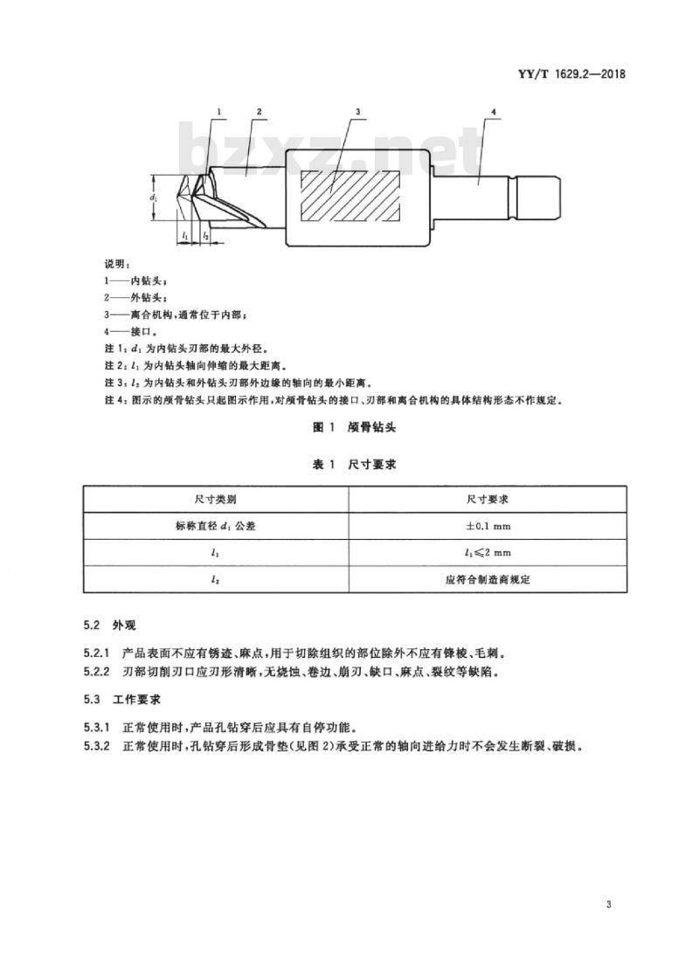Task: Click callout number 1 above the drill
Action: (x=219, y=112)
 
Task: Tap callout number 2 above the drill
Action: (x=260, y=112)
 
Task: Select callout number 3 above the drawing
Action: (x=358, y=112)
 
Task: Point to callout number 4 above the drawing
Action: (x=494, y=112)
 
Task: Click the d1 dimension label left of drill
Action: (x=156, y=198)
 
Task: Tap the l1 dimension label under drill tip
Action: (x=184, y=235)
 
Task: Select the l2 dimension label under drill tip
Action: (x=205, y=235)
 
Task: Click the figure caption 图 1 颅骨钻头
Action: (x=355, y=427)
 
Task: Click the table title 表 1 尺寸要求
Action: (x=355, y=465)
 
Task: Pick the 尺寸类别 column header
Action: (x=215, y=500)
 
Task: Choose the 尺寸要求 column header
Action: (x=488, y=500)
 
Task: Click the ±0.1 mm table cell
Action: (x=488, y=526)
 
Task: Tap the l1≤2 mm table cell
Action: (x=488, y=553)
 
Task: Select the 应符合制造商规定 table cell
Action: (x=488, y=579)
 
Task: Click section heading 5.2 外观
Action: (x=110, y=626)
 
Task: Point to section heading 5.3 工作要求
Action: (x=122, y=699)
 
